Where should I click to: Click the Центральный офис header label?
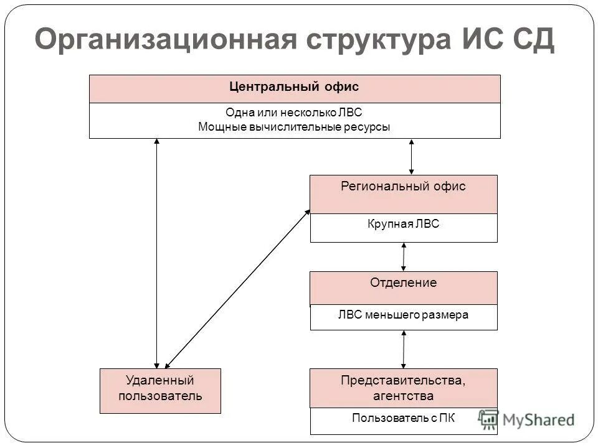click(x=294, y=87)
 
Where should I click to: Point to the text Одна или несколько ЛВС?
click(x=294, y=113)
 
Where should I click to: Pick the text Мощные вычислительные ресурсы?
click(x=294, y=127)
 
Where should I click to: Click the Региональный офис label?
click(x=403, y=187)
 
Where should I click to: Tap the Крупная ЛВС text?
click(x=403, y=224)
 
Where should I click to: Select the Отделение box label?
click(x=403, y=283)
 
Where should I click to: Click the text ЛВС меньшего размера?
click(x=403, y=315)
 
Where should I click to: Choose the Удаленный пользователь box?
click(x=160, y=388)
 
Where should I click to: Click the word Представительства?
click(x=403, y=380)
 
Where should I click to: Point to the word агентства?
click(x=403, y=396)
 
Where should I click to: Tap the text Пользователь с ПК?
click(x=403, y=418)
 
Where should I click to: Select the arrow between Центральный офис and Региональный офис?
click(x=411, y=156)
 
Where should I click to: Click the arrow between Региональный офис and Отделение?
click(x=404, y=256)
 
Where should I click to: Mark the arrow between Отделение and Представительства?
click(x=404, y=348)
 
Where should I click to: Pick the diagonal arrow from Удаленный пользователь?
click(x=237, y=287)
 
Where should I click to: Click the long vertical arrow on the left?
click(x=157, y=253)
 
